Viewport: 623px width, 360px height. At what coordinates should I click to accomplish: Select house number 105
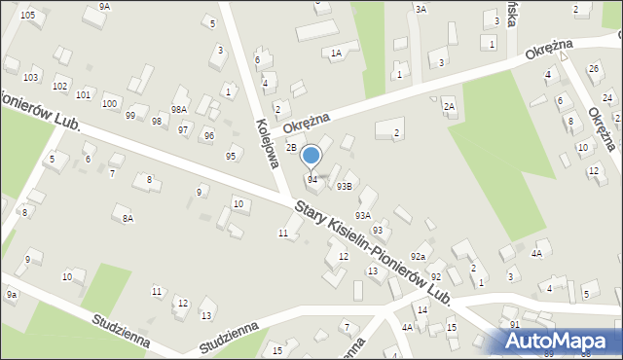click(x=27, y=15)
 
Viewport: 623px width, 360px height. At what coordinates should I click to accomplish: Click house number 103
click(x=30, y=77)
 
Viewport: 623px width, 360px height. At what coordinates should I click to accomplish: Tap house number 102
click(x=60, y=87)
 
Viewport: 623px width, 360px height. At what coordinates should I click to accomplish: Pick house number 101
click(x=84, y=94)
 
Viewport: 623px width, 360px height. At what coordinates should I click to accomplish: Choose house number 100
click(x=109, y=103)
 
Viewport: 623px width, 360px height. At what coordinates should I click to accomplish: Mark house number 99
click(x=130, y=116)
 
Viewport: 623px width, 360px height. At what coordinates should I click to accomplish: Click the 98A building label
click(x=179, y=110)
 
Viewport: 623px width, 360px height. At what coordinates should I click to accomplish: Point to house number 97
click(x=183, y=129)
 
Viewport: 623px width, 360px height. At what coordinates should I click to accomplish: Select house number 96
click(x=208, y=135)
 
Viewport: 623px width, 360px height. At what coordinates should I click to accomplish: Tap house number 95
click(x=231, y=156)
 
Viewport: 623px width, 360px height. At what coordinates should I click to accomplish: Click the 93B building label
click(x=344, y=187)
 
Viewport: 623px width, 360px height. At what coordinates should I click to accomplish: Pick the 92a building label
click(x=418, y=256)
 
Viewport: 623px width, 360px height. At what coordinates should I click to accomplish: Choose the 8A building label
click(x=128, y=219)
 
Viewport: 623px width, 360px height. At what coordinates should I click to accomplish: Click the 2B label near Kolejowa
click(x=291, y=148)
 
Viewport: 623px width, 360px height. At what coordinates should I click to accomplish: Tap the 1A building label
click(x=336, y=54)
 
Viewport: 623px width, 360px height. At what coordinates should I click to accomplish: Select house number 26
click(x=594, y=68)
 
